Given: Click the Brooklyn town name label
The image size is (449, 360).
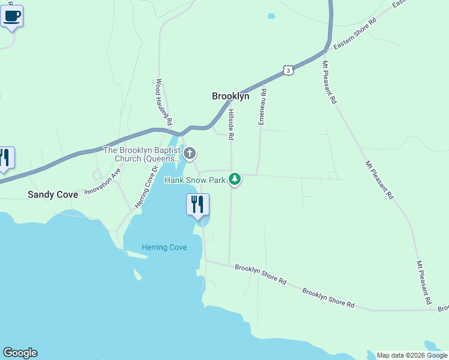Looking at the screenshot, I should (x=231, y=96).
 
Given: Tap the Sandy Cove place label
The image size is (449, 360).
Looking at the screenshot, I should (x=53, y=194).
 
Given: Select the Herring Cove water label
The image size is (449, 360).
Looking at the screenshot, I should (x=164, y=247).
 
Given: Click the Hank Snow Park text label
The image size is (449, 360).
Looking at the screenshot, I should (x=194, y=179).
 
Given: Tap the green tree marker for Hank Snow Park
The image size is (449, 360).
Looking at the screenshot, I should (x=235, y=179).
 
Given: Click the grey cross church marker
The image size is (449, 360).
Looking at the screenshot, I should (x=190, y=154).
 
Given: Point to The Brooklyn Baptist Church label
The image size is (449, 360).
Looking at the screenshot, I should (x=142, y=154).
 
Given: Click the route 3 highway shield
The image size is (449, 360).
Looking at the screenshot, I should (x=289, y=70).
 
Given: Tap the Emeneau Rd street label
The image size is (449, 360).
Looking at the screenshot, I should (x=262, y=107).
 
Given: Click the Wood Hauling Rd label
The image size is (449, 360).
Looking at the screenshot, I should (x=164, y=102).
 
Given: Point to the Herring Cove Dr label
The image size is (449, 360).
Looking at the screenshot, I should (x=146, y=187).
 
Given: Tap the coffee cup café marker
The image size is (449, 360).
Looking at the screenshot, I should (x=11, y=16).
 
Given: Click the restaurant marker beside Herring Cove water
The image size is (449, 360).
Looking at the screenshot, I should (x=197, y=205).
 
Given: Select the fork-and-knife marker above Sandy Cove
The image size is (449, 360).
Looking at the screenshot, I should (x=5, y=158).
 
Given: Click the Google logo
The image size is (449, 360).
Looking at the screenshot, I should (x=20, y=353).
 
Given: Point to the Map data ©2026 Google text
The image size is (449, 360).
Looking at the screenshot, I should (x=412, y=355).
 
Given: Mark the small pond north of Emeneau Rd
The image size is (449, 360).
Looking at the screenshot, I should (x=271, y=16).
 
